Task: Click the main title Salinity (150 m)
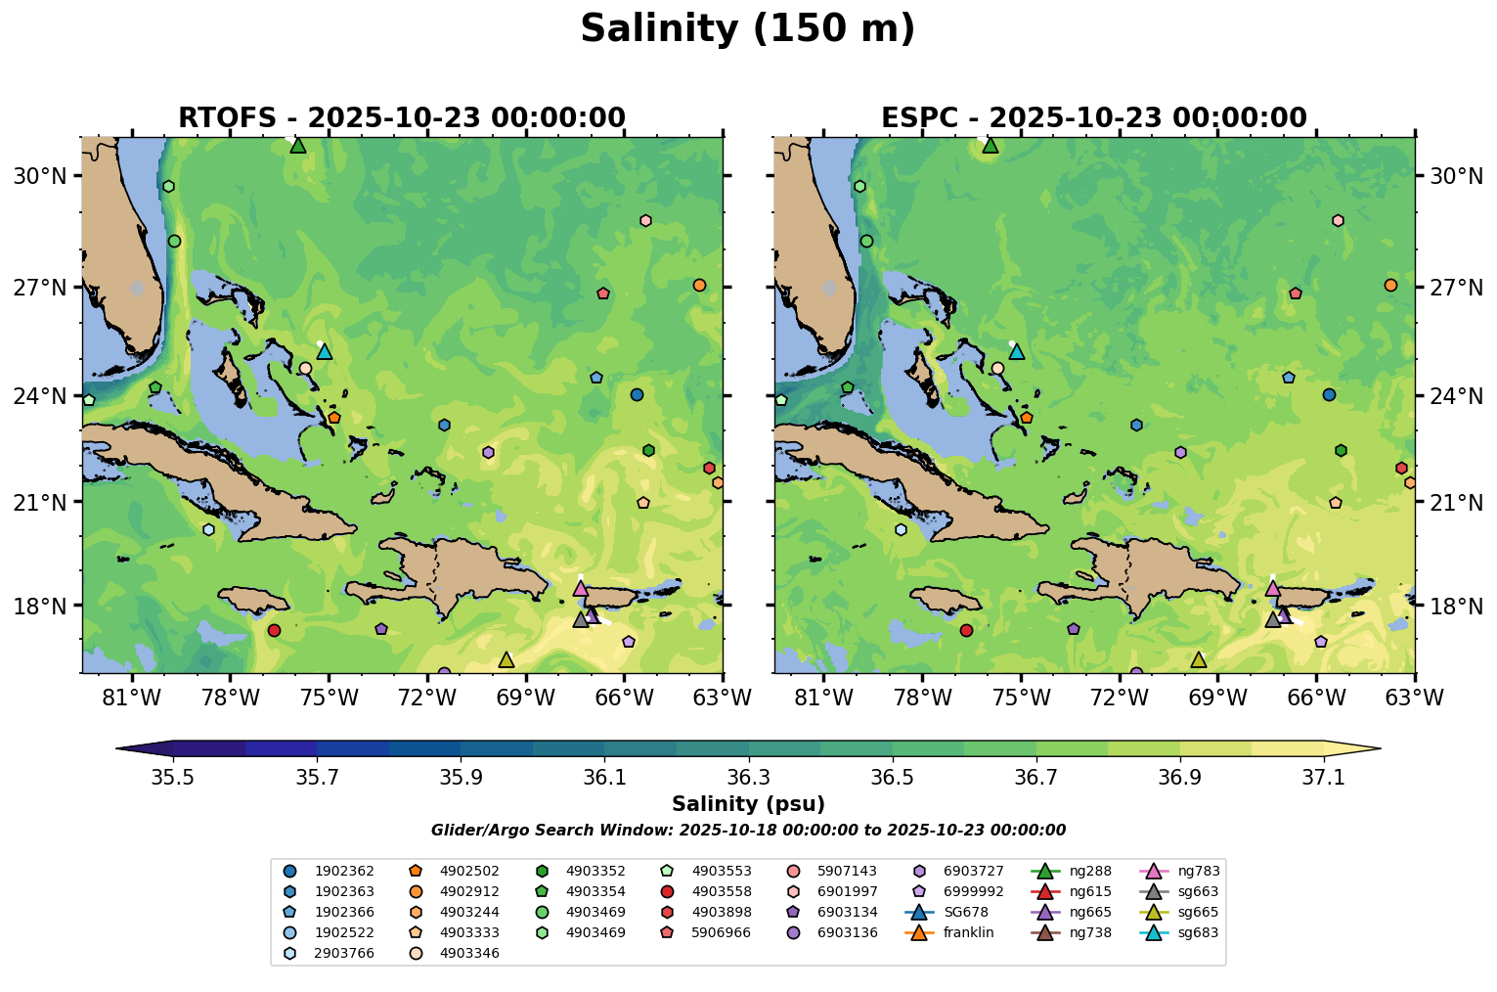pos(747,29)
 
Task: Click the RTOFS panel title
pos(402,118)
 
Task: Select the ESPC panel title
pos(1094,118)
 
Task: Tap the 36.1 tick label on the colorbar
pos(604,778)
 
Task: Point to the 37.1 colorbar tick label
pos(1324,778)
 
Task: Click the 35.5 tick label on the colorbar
pos(173,778)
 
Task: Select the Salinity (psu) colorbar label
pos(748,804)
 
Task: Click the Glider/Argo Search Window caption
pos(748,831)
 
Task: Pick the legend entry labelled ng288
pos(1090,871)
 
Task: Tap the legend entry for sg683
pos(1198,932)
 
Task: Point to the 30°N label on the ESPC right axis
pos(1456,176)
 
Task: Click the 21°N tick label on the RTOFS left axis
pos(40,502)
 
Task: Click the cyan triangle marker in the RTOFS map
pos(325,351)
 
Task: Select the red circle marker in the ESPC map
pos(966,630)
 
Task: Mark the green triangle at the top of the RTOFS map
pos(298,146)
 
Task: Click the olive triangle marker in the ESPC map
pos(1198,660)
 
